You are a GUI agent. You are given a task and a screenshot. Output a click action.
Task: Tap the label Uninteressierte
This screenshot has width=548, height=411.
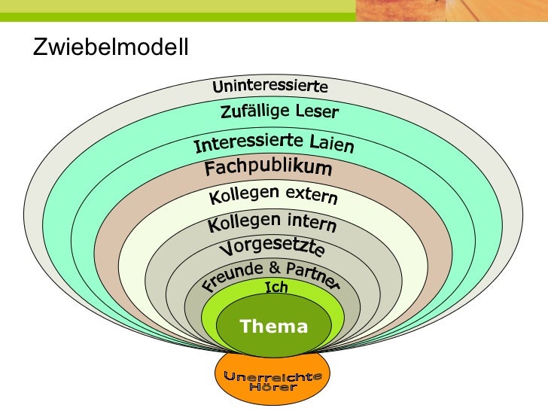(269, 87)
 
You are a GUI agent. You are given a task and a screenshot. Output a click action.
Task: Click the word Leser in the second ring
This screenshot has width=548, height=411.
(316, 114)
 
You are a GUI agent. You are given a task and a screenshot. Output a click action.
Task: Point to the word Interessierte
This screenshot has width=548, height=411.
(248, 142)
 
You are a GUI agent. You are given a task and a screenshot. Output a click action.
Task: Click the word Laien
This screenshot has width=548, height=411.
(330, 142)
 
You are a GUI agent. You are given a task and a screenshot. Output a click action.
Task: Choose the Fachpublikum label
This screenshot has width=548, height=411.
(268, 168)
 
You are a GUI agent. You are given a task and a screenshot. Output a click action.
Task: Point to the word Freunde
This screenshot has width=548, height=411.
(233, 276)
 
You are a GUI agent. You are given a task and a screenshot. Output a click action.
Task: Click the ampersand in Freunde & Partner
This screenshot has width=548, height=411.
(275, 267)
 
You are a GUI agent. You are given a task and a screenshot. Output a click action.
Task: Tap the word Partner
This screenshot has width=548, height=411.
(312, 276)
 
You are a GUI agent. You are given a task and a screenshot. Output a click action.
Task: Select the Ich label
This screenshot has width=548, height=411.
(276, 287)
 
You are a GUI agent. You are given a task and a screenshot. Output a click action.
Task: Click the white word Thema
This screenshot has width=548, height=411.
(273, 326)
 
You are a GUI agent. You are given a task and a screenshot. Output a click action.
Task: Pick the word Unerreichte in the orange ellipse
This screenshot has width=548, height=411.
(273, 376)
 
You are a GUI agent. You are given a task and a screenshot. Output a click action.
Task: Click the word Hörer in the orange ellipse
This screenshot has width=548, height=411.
(273, 387)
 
